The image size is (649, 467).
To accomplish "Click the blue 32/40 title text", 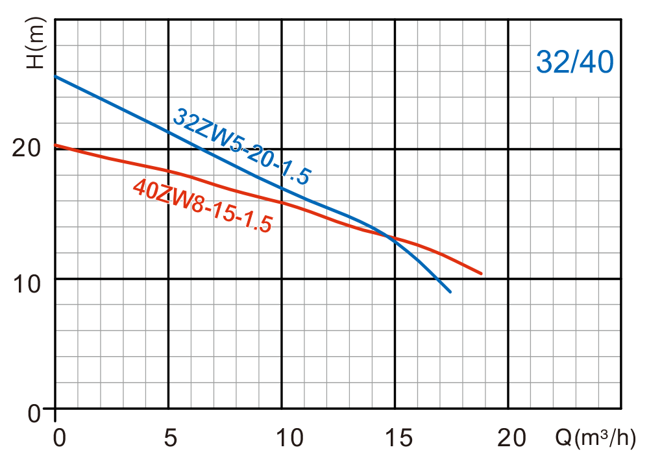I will (575, 63).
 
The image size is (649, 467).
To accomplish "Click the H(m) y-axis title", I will (38, 43).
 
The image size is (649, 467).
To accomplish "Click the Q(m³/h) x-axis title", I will (595, 439).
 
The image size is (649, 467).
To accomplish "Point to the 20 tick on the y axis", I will (28, 148).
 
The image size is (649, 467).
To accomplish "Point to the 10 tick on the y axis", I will (28, 284).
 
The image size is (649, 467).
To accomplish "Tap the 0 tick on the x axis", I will (59, 439).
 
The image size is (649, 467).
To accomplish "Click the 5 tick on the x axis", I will (171, 439).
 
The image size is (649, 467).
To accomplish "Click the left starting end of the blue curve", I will (55, 76).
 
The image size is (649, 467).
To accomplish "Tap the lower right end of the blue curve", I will (450, 291).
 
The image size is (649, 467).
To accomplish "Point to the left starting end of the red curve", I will (55, 145).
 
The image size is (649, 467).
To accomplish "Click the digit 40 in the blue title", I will (597, 63).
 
